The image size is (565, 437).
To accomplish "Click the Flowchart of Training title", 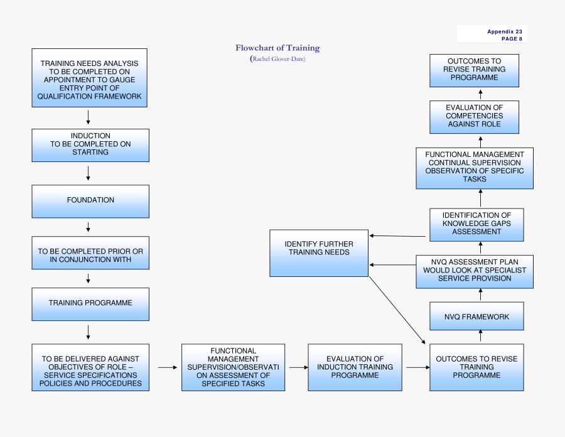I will click(x=277, y=48).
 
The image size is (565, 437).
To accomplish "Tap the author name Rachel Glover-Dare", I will click(x=277, y=59).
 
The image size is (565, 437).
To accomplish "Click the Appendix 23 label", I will click(x=504, y=31).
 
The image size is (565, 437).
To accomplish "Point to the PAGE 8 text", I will click(x=511, y=39).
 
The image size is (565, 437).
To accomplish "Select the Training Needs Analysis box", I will click(x=90, y=78).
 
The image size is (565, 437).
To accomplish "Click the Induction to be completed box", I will click(x=90, y=145).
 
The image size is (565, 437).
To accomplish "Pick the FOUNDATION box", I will click(x=90, y=201).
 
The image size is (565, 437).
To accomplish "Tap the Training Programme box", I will click(x=90, y=303).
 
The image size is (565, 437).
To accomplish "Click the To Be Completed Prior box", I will click(x=90, y=252).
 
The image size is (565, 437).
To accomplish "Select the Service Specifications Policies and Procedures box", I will click(x=90, y=367).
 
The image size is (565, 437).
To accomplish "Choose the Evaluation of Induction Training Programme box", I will click(x=355, y=367).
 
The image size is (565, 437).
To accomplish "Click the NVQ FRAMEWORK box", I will click(x=476, y=316).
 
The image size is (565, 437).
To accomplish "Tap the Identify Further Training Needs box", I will click(x=319, y=252).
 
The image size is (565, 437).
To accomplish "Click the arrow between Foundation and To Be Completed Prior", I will click(x=89, y=227).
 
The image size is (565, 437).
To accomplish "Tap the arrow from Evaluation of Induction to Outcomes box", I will click(x=416, y=367).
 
